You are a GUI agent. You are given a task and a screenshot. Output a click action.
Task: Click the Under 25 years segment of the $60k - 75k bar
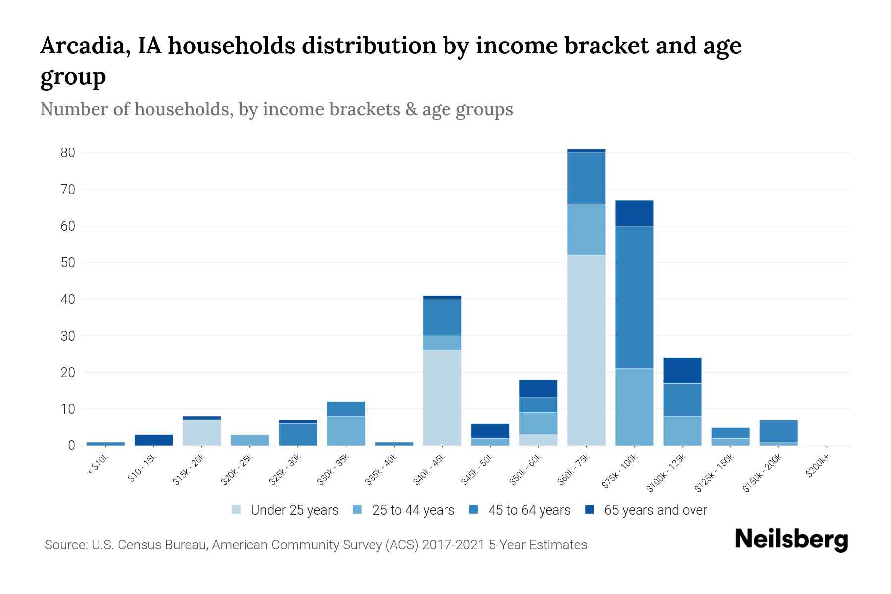point(586,350)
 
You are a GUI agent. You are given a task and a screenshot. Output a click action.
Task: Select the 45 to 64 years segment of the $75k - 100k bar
point(634,297)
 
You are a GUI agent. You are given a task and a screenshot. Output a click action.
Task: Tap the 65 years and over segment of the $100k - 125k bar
point(682,370)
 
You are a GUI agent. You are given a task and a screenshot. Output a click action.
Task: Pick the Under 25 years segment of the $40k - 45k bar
point(442,397)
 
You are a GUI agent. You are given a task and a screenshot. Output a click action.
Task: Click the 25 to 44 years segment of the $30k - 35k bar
point(346,431)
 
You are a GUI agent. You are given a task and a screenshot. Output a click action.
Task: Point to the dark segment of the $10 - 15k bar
point(153,440)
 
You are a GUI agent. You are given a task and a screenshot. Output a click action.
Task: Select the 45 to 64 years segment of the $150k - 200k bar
point(778,431)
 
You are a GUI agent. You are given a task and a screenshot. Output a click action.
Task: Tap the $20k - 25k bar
point(249,440)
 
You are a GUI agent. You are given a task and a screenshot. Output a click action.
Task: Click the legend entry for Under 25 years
point(294,510)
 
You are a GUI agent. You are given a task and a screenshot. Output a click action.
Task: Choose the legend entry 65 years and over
point(655,510)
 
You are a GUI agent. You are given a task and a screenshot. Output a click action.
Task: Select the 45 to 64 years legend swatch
point(474,510)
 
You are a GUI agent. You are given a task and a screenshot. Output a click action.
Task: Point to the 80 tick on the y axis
point(68,153)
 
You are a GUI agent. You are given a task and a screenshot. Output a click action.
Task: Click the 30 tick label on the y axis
point(68,336)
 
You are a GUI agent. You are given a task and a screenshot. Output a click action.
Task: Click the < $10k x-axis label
point(99,465)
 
